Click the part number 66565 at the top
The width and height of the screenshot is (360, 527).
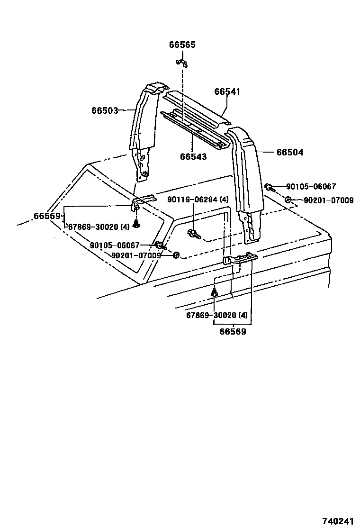tap(182, 45)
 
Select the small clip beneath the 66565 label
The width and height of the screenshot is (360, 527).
tap(181, 62)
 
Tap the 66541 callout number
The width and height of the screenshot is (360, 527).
tap(227, 91)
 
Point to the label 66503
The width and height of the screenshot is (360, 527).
tap(105, 110)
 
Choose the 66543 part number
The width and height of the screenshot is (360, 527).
tap(193, 156)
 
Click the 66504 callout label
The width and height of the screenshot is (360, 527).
tap(290, 153)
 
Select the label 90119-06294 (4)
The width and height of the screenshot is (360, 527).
tap(198, 200)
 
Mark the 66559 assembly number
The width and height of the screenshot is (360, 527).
tap(47, 216)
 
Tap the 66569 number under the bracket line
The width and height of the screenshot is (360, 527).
tap(233, 332)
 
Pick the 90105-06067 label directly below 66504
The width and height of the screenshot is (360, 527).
tap(311, 187)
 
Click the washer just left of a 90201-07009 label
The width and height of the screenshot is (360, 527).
tap(288, 200)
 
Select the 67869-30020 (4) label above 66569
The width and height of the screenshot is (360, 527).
tap(216, 315)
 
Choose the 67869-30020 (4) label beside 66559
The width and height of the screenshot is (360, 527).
tap(99, 227)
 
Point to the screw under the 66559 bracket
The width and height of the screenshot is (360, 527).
tap(136, 224)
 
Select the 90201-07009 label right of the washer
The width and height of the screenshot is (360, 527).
tap(328, 200)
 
